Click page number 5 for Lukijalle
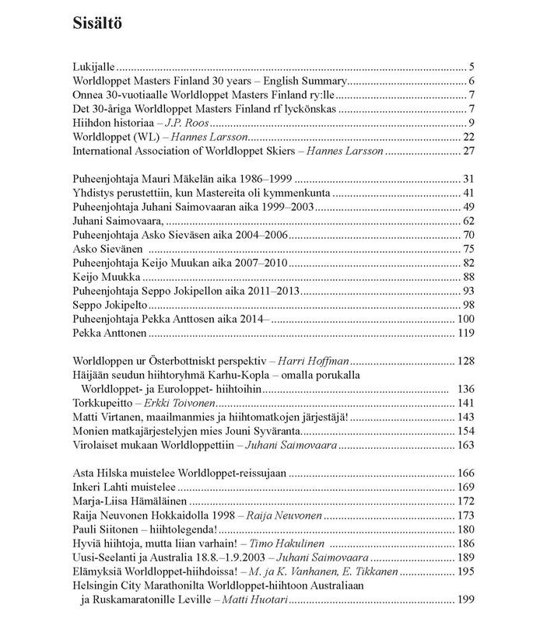(x=472, y=67)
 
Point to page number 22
(x=470, y=137)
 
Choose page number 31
(x=470, y=178)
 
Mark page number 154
(x=467, y=431)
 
